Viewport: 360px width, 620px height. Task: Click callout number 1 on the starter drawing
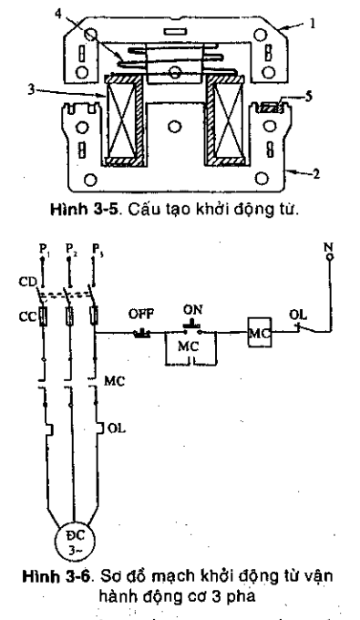click(312, 26)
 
